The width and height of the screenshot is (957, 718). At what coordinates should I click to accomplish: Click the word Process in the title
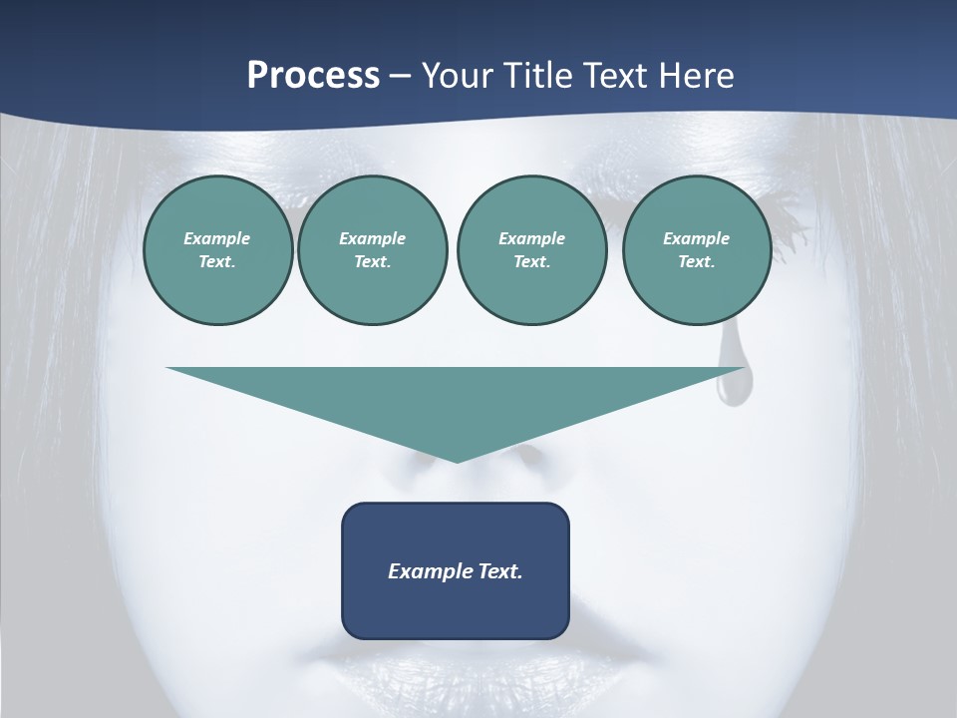(x=313, y=76)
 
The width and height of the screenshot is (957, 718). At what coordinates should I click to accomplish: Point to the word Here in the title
(x=697, y=76)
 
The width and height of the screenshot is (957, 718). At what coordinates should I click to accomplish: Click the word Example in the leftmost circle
(x=217, y=238)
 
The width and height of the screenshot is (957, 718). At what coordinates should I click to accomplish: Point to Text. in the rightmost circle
(x=696, y=261)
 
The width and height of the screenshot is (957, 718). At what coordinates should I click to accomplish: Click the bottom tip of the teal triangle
(x=457, y=461)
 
